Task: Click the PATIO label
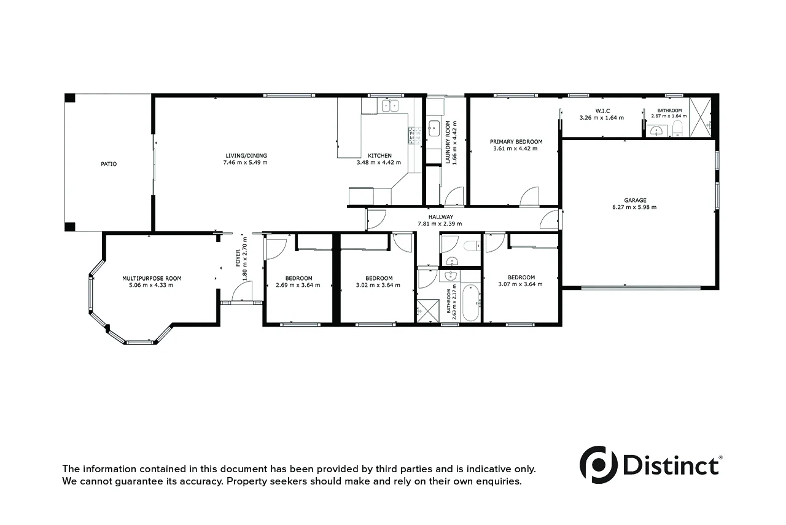(x=109, y=164)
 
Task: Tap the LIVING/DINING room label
(x=246, y=155)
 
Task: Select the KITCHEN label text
(x=379, y=155)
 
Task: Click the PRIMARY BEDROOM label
(x=516, y=141)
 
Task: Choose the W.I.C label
(x=602, y=111)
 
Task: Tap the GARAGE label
(x=635, y=200)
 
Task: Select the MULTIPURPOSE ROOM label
(x=152, y=278)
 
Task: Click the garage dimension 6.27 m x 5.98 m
(x=635, y=208)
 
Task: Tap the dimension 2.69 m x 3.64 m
(x=298, y=285)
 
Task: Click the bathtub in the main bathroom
(x=470, y=303)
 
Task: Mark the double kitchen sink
(x=390, y=106)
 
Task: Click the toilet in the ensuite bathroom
(x=677, y=128)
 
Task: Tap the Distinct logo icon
(x=598, y=464)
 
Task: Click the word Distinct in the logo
(x=671, y=465)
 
